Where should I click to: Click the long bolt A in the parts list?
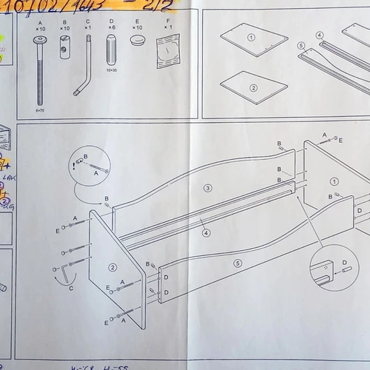40,70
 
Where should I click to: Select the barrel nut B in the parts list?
64,53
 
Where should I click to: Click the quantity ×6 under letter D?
112,28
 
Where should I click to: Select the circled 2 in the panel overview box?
253,87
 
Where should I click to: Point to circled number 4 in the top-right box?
320,35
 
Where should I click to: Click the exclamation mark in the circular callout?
77,166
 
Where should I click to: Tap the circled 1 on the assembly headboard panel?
334,180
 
